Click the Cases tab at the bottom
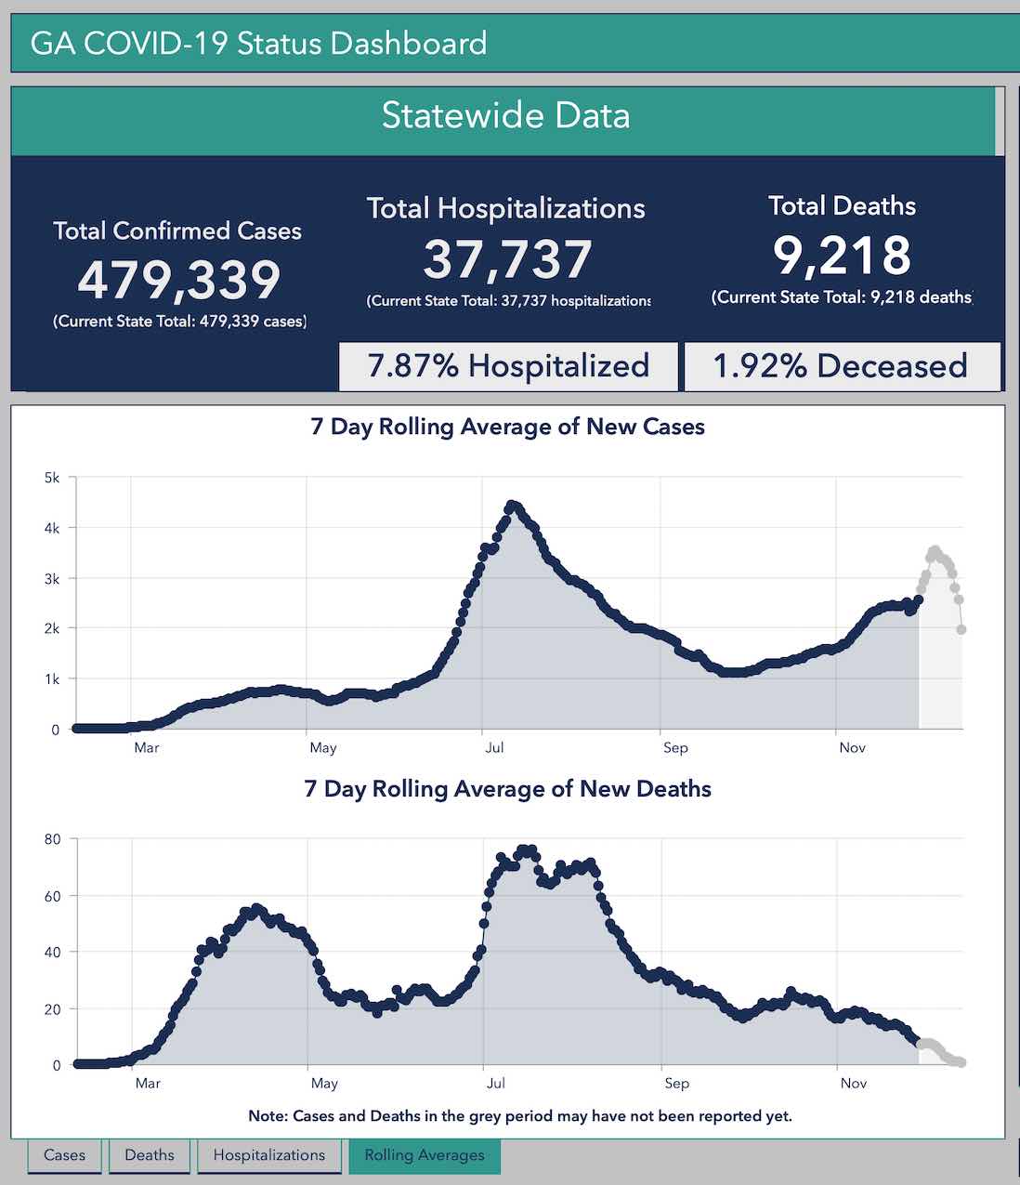click(x=64, y=1155)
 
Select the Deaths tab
click(x=149, y=1155)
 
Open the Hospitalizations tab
click(x=268, y=1155)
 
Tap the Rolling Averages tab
click(x=425, y=1155)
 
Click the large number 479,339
click(x=178, y=280)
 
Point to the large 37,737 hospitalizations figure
click(x=507, y=259)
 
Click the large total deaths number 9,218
click(x=842, y=256)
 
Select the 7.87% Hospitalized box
click(x=508, y=366)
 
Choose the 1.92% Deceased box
click(x=841, y=366)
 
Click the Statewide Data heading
click(x=506, y=115)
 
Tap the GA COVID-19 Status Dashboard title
click(x=258, y=43)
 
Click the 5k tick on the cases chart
click(x=51, y=478)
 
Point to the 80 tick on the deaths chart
click(x=52, y=839)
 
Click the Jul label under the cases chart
click(x=493, y=748)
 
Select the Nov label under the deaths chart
click(x=853, y=1084)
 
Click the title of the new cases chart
click(x=507, y=427)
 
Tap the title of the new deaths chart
click(x=507, y=789)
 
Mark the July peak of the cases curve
click(x=512, y=506)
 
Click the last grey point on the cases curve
click(x=961, y=630)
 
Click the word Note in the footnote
click(x=267, y=1116)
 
